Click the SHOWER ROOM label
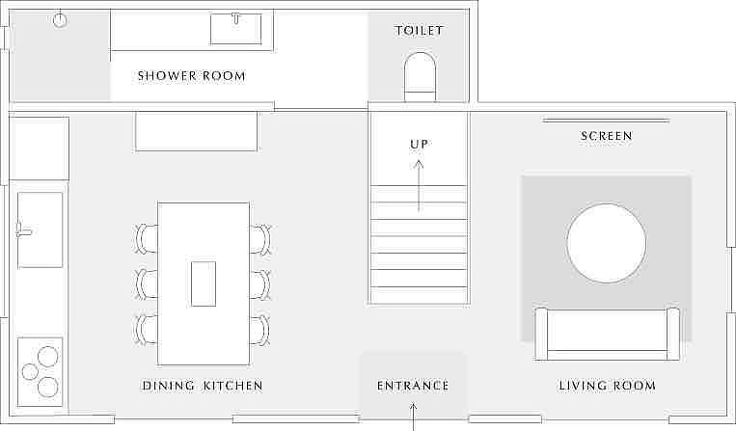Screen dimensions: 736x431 [x=192, y=76]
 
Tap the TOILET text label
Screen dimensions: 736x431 [x=419, y=31]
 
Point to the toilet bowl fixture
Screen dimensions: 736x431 [x=420, y=76]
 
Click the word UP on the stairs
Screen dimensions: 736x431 [x=419, y=145]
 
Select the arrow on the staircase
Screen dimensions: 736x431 [x=419, y=186]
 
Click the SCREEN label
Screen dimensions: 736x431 [x=607, y=136]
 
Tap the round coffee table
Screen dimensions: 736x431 [x=607, y=243]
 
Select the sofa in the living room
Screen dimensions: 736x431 [x=607, y=334]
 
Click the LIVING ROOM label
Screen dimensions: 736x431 [x=607, y=386]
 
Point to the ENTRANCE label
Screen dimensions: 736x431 [x=413, y=386]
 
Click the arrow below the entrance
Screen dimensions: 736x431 [x=413, y=417]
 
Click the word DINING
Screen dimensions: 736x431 [x=169, y=386]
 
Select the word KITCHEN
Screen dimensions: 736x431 [x=232, y=386]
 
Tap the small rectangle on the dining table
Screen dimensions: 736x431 [x=204, y=283]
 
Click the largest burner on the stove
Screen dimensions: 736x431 [x=48, y=357]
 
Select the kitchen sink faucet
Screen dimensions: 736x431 [x=23, y=230]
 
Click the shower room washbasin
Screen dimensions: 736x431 [x=235, y=29]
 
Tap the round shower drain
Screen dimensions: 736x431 [x=60, y=20]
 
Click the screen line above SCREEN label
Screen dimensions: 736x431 [x=607, y=121]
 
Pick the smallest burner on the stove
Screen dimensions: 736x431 [x=30, y=372]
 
